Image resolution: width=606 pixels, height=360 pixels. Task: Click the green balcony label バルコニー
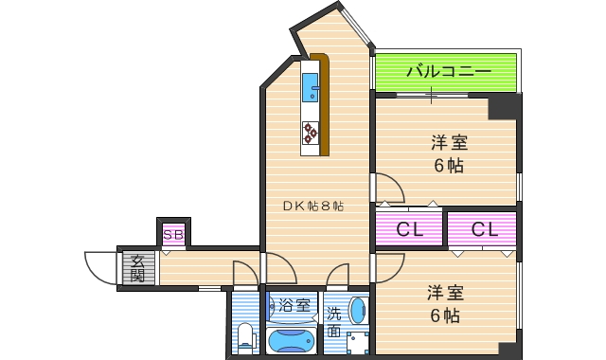(447, 71)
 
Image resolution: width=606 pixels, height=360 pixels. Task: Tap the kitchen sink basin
(311, 90)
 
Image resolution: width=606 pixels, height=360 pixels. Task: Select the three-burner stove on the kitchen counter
(311, 132)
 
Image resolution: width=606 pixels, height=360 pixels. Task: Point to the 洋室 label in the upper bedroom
(449, 143)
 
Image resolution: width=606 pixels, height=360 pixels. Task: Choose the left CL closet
(409, 228)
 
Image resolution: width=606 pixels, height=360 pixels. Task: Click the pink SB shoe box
(172, 233)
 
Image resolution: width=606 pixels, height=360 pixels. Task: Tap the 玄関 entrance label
(137, 268)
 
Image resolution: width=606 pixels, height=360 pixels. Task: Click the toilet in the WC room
(245, 335)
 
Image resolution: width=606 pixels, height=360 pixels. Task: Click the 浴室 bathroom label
(292, 305)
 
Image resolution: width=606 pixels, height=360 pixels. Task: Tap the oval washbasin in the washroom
(357, 309)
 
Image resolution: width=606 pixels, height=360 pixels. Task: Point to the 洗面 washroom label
(333, 322)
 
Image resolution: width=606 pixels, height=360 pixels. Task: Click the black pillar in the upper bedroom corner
(502, 107)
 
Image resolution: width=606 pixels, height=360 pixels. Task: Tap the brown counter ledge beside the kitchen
(325, 104)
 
